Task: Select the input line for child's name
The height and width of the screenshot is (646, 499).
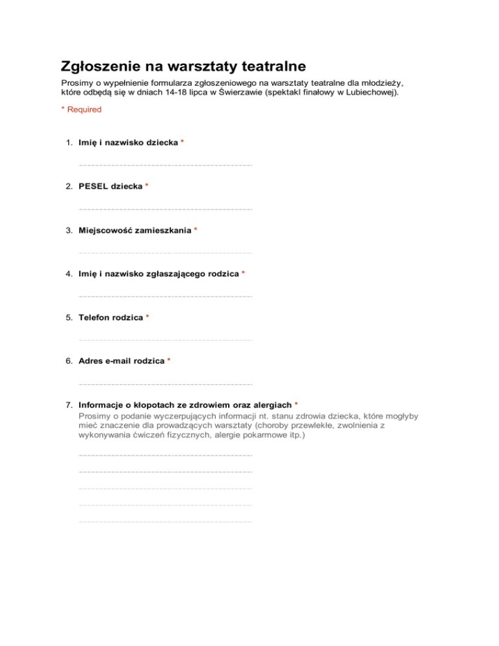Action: point(165,165)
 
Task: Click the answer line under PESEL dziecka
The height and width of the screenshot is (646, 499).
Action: point(165,209)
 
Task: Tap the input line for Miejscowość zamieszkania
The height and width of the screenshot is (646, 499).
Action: point(165,253)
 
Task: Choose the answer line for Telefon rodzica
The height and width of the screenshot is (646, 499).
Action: point(165,340)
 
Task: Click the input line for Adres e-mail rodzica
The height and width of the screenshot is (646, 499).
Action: point(165,383)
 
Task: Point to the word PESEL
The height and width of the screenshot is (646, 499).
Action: point(93,187)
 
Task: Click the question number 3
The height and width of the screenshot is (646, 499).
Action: point(68,230)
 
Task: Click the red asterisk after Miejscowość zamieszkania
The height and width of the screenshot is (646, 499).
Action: point(196,230)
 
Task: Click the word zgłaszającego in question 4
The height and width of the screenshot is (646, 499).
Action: point(166,274)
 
